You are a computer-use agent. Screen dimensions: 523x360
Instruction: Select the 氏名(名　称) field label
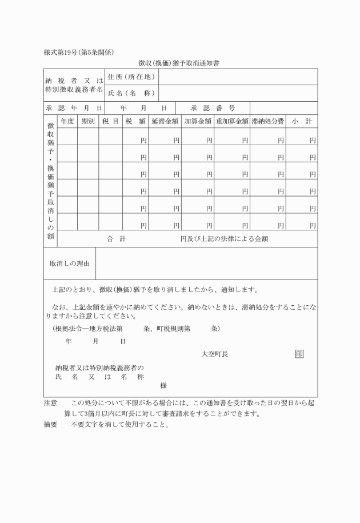[130, 93]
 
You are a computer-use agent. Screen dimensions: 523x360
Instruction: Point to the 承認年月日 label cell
[74, 108]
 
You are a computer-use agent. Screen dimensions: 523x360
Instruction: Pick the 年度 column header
[67, 121]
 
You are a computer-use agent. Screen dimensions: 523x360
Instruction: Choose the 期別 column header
[88, 121]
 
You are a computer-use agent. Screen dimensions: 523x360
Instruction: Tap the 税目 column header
[111, 121]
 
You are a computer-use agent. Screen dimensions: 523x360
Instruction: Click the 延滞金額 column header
[165, 121]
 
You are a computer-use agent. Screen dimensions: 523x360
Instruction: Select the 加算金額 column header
[198, 121]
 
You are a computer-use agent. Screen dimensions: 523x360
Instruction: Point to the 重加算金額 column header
[233, 121]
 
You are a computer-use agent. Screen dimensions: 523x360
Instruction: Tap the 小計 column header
[301, 121]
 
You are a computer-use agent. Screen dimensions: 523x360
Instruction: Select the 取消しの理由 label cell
[70, 264]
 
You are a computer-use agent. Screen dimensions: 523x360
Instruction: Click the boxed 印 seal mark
[299, 354]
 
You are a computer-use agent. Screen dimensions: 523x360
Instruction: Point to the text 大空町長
[215, 354]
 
